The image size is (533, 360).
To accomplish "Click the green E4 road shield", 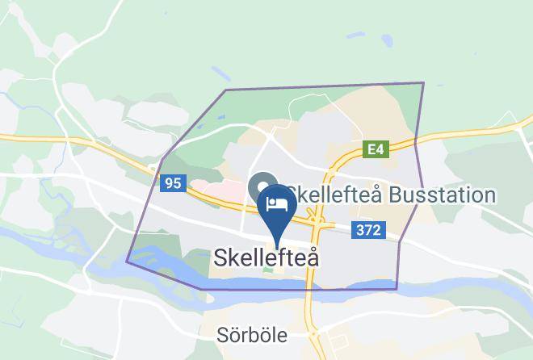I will click(376, 149).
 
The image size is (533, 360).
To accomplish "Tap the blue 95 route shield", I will click(172, 183).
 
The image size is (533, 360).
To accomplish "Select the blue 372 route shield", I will click(367, 231).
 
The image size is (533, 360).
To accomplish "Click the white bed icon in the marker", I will click(278, 203).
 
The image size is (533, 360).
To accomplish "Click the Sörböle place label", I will click(252, 335).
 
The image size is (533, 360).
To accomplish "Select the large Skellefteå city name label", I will click(266, 258).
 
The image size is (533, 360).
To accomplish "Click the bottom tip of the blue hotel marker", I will click(278, 246).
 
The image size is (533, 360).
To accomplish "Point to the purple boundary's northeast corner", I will click(423, 83).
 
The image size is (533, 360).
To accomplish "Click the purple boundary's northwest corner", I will click(225, 90).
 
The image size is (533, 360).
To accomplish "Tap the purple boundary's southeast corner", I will click(397, 289).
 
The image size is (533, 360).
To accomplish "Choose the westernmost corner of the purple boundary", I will click(127, 262).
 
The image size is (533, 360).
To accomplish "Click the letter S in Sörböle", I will click(223, 335).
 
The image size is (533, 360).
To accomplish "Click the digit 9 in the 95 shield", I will click(168, 183).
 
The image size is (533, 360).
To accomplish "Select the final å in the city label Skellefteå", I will click(312, 258).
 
